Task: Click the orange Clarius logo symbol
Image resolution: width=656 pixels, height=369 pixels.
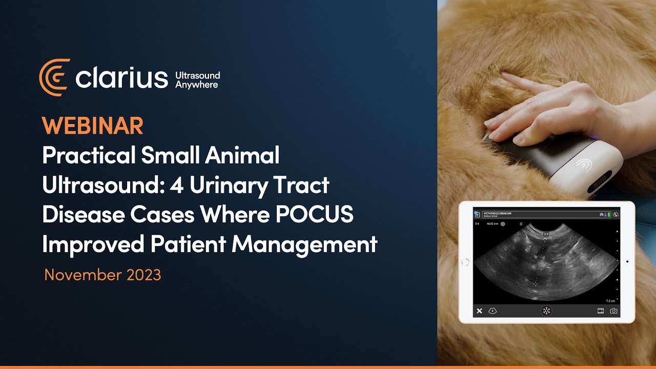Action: point(54,77)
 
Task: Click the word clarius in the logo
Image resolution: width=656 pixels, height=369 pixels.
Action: point(121,78)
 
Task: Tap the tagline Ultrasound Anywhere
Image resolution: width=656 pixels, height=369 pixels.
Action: point(197,80)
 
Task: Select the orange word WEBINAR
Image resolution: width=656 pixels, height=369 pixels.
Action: point(93,126)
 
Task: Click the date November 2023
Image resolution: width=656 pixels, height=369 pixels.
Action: point(102,275)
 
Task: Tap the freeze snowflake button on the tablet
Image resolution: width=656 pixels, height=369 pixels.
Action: point(547,311)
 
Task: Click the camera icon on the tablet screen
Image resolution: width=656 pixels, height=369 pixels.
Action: point(613,311)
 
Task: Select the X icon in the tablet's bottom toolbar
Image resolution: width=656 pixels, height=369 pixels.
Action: point(479,311)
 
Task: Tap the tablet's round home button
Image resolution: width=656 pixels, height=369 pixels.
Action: point(466,262)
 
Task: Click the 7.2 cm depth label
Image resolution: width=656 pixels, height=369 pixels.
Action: point(610,301)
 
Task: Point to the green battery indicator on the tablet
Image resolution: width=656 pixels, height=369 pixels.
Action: point(608,215)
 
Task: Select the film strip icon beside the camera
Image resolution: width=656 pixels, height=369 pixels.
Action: point(601,311)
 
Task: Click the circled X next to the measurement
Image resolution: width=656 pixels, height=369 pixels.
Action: point(503,224)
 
